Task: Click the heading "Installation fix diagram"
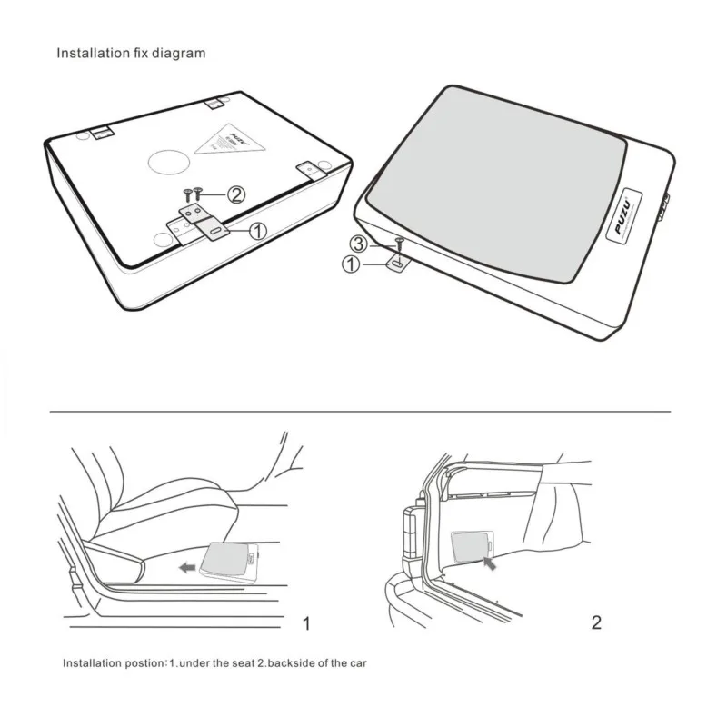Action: pos(131,53)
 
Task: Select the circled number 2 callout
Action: pos(235,194)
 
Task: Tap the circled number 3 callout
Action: pos(359,244)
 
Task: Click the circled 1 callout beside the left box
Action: pos(257,232)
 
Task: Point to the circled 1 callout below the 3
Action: pos(349,265)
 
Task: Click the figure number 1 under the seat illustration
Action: pos(306,623)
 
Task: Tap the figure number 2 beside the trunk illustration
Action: pos(596,622)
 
